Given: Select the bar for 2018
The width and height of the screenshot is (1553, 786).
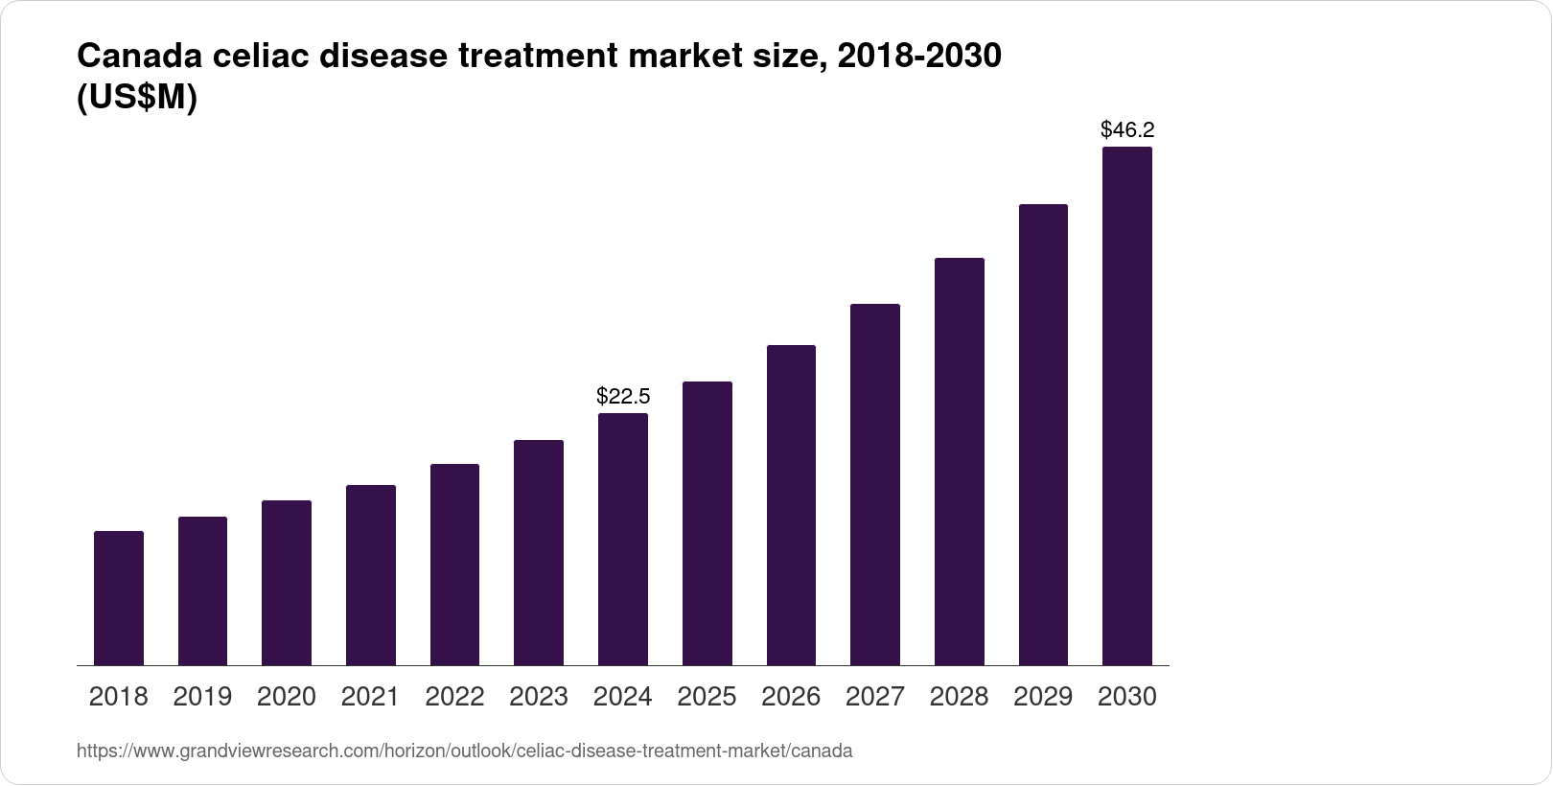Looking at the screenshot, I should pos(119,598).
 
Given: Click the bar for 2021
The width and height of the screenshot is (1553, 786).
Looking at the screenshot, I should pos(371,575).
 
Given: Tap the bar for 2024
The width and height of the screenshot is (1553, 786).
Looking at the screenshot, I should pos(623,539).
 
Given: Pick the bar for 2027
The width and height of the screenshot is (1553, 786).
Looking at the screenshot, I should pos(874,484).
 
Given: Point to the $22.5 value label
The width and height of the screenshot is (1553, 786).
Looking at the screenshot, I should pos(623,396).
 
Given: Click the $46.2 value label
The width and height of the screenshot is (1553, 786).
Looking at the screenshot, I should pos(1126,129).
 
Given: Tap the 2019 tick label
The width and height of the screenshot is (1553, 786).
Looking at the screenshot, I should pos(202,697).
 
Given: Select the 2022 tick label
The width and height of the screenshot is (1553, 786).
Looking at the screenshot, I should pos(454,697).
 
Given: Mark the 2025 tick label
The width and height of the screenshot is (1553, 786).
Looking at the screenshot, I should pos(707,697).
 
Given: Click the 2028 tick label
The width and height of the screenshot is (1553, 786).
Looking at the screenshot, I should pos(959,697).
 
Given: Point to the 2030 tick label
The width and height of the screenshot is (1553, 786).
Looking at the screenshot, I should pos(1126,697).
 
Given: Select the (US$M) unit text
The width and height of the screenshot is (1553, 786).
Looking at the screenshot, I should pos(136,98).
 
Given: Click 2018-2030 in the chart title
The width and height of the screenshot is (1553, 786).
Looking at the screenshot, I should pos(919,58).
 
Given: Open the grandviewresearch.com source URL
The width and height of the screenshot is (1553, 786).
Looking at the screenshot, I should pos(464,751).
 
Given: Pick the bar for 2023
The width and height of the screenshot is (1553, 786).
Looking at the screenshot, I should pos(539,552).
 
